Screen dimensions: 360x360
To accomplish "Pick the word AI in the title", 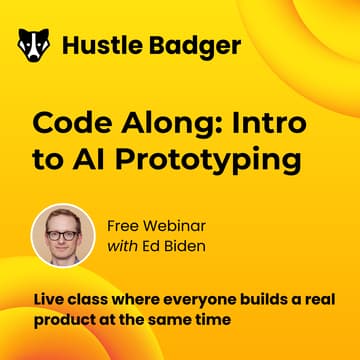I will pos(82,160).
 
